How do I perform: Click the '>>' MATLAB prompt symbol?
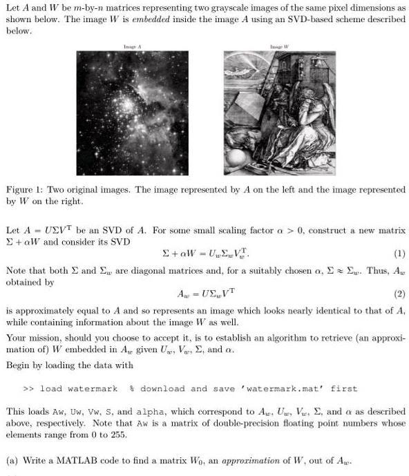[x=29, y=389]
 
